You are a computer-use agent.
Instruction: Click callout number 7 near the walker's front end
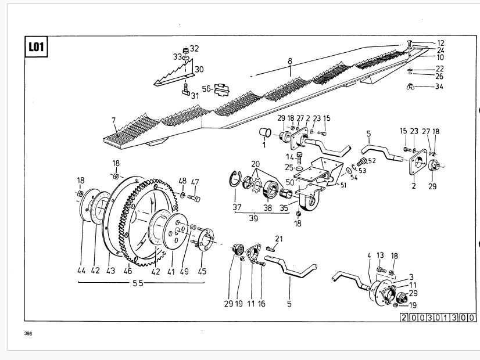pyautogui.click(x=114, y=121)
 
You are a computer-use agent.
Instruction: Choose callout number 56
pyautogui.click(x=206, y=89)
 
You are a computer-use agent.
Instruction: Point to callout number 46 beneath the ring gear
pyautogui.click(x=128, y=271)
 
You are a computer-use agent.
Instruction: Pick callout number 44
pyautogui.click(x=81, y=271)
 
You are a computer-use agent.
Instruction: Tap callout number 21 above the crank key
pyautogui.click(x=279, y=239)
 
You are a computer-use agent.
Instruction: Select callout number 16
pyautogui.click(x=262, y=304)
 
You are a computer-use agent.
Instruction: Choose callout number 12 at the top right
pyautogui.click(x=440, y=43)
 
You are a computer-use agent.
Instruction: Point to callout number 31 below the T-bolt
pyautogui.click(x=195, y=96)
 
